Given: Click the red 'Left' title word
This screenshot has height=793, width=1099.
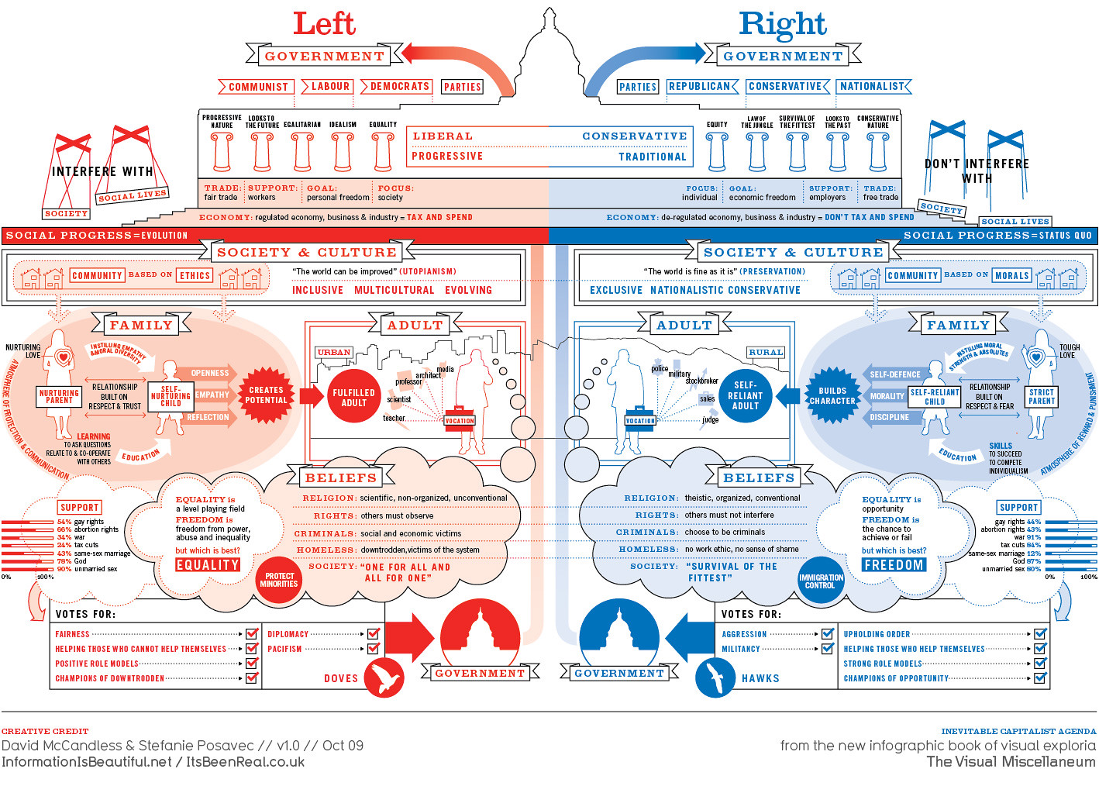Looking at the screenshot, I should click(324, 24).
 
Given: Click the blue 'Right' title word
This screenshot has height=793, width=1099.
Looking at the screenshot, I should click(782, 24).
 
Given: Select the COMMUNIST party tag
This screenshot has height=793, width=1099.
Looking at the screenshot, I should click(257, 87).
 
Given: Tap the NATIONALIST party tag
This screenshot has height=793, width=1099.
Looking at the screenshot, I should click(873, 87).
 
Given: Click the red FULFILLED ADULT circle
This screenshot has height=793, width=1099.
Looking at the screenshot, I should click(353, 398).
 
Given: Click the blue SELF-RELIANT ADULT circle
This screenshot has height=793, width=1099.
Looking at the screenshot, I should click(745, 395).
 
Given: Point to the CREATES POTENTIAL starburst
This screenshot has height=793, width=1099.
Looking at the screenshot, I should click(266, 395).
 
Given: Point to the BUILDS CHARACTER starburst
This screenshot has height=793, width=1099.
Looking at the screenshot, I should click(832, 396).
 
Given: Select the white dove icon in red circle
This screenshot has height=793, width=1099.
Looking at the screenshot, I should click(384, 677).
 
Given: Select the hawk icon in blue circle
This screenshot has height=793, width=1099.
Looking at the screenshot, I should click(715, 677).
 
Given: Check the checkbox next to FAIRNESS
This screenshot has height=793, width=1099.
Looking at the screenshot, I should click(252, 634).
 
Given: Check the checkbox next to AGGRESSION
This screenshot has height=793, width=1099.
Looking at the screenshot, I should click(827, 634).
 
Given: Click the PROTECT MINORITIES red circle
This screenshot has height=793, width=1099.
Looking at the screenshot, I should click(278, 580).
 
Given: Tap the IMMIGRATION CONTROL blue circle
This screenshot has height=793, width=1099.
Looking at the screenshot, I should click(821, 581).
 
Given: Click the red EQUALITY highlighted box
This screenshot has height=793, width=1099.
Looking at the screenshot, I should click(207, 565).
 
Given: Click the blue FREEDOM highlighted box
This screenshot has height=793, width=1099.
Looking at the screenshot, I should click(894, 565).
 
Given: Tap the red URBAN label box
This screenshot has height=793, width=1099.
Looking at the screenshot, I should click(334, 352).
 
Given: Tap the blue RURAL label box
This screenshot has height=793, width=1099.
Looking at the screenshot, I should click(765, 352).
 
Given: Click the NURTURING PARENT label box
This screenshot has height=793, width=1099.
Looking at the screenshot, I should click(59, 397).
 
